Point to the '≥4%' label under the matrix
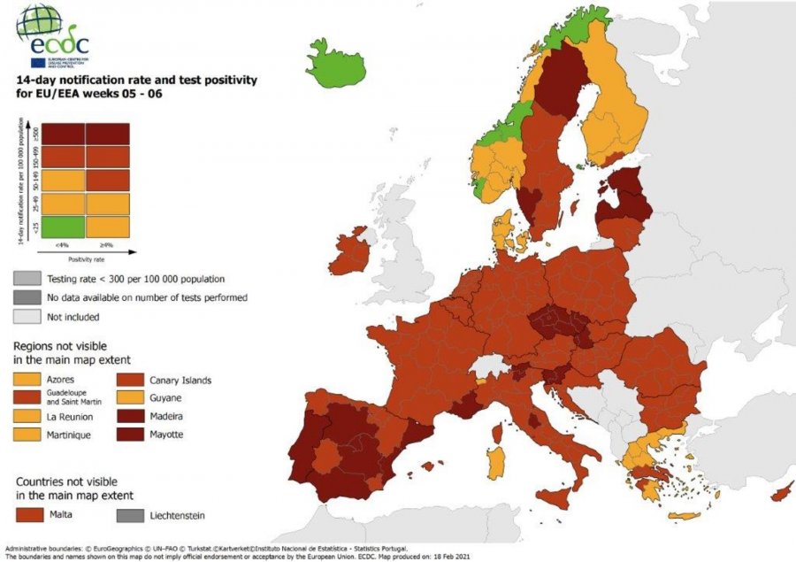click(x=108, y=244)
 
